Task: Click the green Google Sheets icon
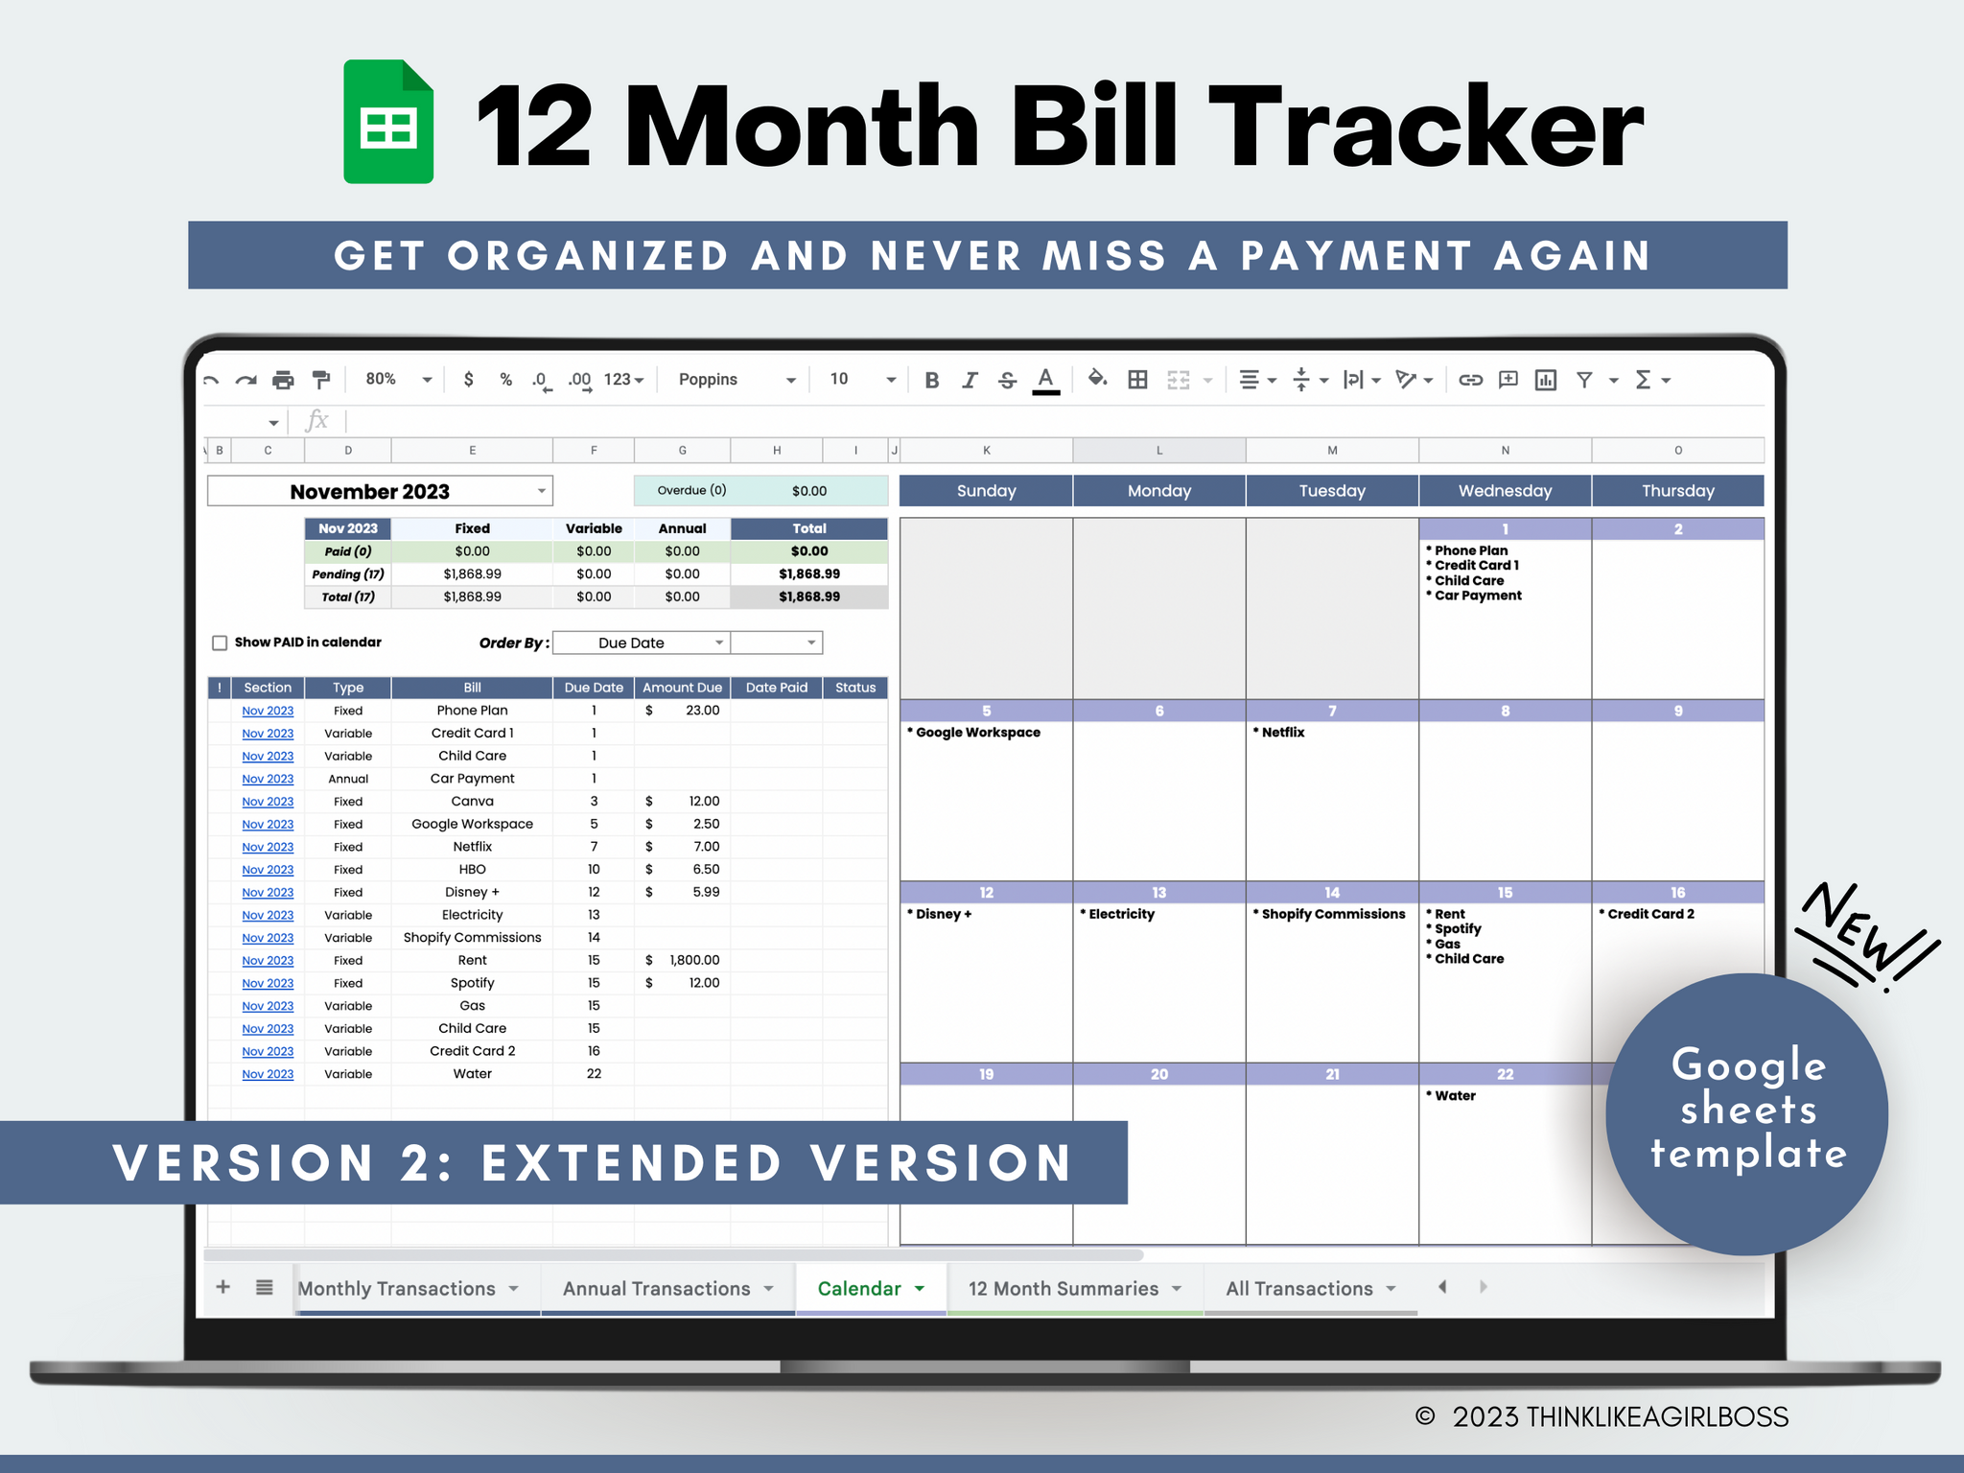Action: pos(388,122)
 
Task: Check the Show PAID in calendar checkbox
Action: pos(220,643)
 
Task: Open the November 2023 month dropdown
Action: pos(541,491)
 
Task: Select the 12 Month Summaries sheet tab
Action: pos(1073,1288)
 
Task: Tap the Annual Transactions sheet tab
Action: pos(666,1288)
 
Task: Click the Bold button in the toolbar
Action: pos(931,380)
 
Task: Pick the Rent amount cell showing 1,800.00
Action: pos(694,960)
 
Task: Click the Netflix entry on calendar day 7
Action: pos(1282,733)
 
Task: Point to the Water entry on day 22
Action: pos(1455,1096)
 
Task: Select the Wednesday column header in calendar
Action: pos(1505,491)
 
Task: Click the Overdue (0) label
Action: pos(691,491)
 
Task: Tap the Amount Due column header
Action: pos(682,688)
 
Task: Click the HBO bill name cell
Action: pos(472,870)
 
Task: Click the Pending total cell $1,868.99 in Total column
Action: pos(808,574)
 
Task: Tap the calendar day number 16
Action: pos(1677,893)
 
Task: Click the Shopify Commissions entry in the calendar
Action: pos(1333,915)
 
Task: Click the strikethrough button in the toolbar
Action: pos(1007,380)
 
